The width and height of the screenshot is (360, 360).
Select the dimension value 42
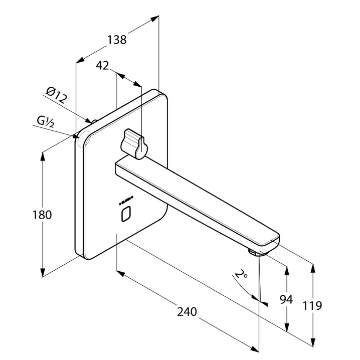pos(102,65)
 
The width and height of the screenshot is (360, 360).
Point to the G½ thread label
pos(47,121)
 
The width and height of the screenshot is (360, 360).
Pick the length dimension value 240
pos(187,311)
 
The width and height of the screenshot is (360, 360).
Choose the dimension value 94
pos(286,299)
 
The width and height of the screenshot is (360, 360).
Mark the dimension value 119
pos(312,305)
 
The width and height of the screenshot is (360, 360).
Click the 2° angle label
pos(242,275)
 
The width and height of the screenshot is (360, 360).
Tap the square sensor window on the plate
pos(126,215)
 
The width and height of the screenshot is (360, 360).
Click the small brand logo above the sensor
pos(125,201)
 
